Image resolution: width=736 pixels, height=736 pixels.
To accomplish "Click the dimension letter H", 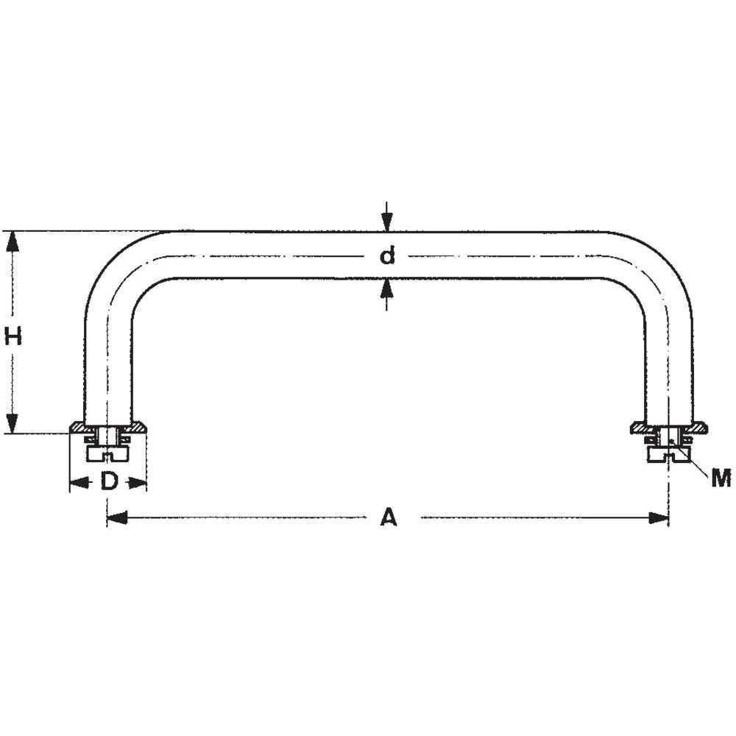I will (13, 337).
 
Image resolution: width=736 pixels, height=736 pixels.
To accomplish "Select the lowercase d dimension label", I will (387, 256).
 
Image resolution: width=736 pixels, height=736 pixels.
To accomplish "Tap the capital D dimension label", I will (109, 482).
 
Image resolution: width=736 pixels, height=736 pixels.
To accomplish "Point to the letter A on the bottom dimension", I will (388, 518).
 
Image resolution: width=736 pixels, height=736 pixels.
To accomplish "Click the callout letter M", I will (721, 479).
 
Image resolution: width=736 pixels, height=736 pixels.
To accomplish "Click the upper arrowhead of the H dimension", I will (12, 240).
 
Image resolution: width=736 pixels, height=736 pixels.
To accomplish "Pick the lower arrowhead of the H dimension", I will (12, 424).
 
